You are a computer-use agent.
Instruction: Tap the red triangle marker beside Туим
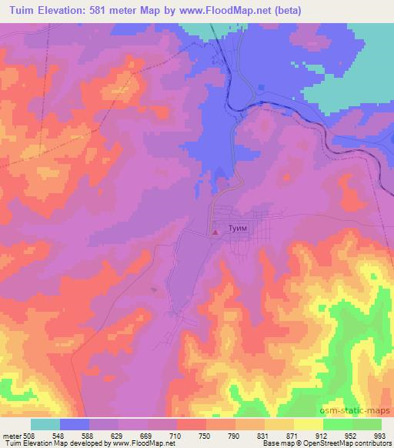[x=216, y=229]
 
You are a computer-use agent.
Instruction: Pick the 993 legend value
[x=380, y=435]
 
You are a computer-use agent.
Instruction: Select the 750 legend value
[x=206, y=435]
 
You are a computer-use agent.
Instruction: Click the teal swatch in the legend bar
[x=45, y=424]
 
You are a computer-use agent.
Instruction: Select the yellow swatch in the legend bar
[x=309, y=424]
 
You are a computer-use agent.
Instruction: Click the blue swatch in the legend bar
[x=75, y=424]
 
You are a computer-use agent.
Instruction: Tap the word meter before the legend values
[x=12, y=435]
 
